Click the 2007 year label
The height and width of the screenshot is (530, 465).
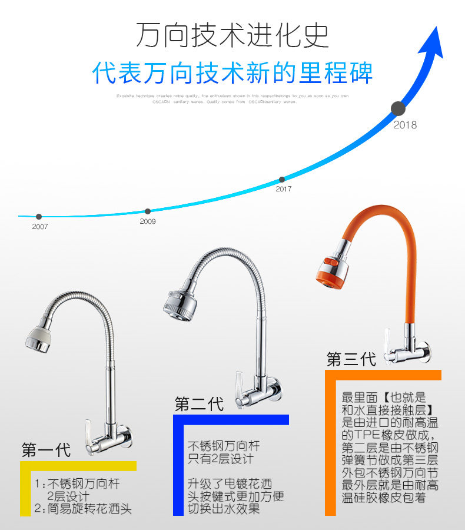40,227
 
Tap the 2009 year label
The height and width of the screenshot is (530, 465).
148,221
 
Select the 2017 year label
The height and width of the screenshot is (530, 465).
284,189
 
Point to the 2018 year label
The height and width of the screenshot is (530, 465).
405,125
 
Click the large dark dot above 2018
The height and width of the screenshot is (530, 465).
398,108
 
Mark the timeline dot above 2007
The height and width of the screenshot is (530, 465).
39,217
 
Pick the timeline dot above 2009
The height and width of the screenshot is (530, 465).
148,211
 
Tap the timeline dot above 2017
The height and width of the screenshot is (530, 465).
282,179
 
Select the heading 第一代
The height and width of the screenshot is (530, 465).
46,450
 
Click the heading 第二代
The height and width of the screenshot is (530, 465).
199,405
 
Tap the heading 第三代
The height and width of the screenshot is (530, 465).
351,359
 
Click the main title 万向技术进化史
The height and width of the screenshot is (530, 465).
232,35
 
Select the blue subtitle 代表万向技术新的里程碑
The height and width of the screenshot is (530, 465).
232,72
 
